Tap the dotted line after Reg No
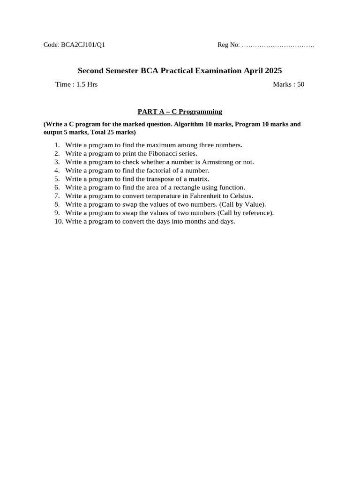(278, 45)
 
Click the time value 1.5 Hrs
(87, 84)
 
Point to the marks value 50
(300, 84)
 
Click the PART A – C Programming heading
(180, 112)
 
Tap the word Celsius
(241, 195)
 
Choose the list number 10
(58, 221)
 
